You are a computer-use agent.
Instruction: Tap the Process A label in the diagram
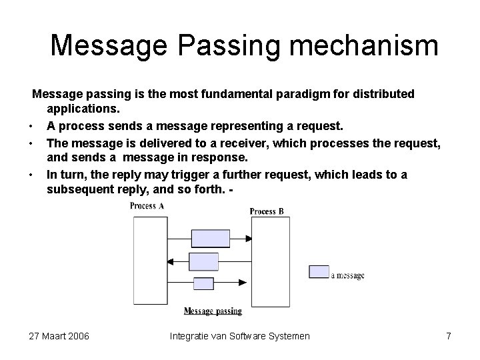point(147,206)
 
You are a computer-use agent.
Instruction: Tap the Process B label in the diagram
point(267,211)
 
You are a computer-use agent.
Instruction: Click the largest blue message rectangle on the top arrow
point(210,238)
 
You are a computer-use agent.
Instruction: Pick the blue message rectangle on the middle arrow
point(204,261)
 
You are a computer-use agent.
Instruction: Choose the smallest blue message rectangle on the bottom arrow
point(203,283)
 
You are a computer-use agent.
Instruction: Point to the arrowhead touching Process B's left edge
point(247,238)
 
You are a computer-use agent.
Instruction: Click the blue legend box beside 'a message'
point(319,271)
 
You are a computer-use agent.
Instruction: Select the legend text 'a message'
point(347,275)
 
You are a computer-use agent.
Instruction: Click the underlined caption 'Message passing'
point(213,311)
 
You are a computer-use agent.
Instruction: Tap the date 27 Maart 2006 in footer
point(59,336)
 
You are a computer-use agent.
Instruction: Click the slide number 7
point(449,336)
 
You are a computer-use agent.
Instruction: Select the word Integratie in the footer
point(192,336)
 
